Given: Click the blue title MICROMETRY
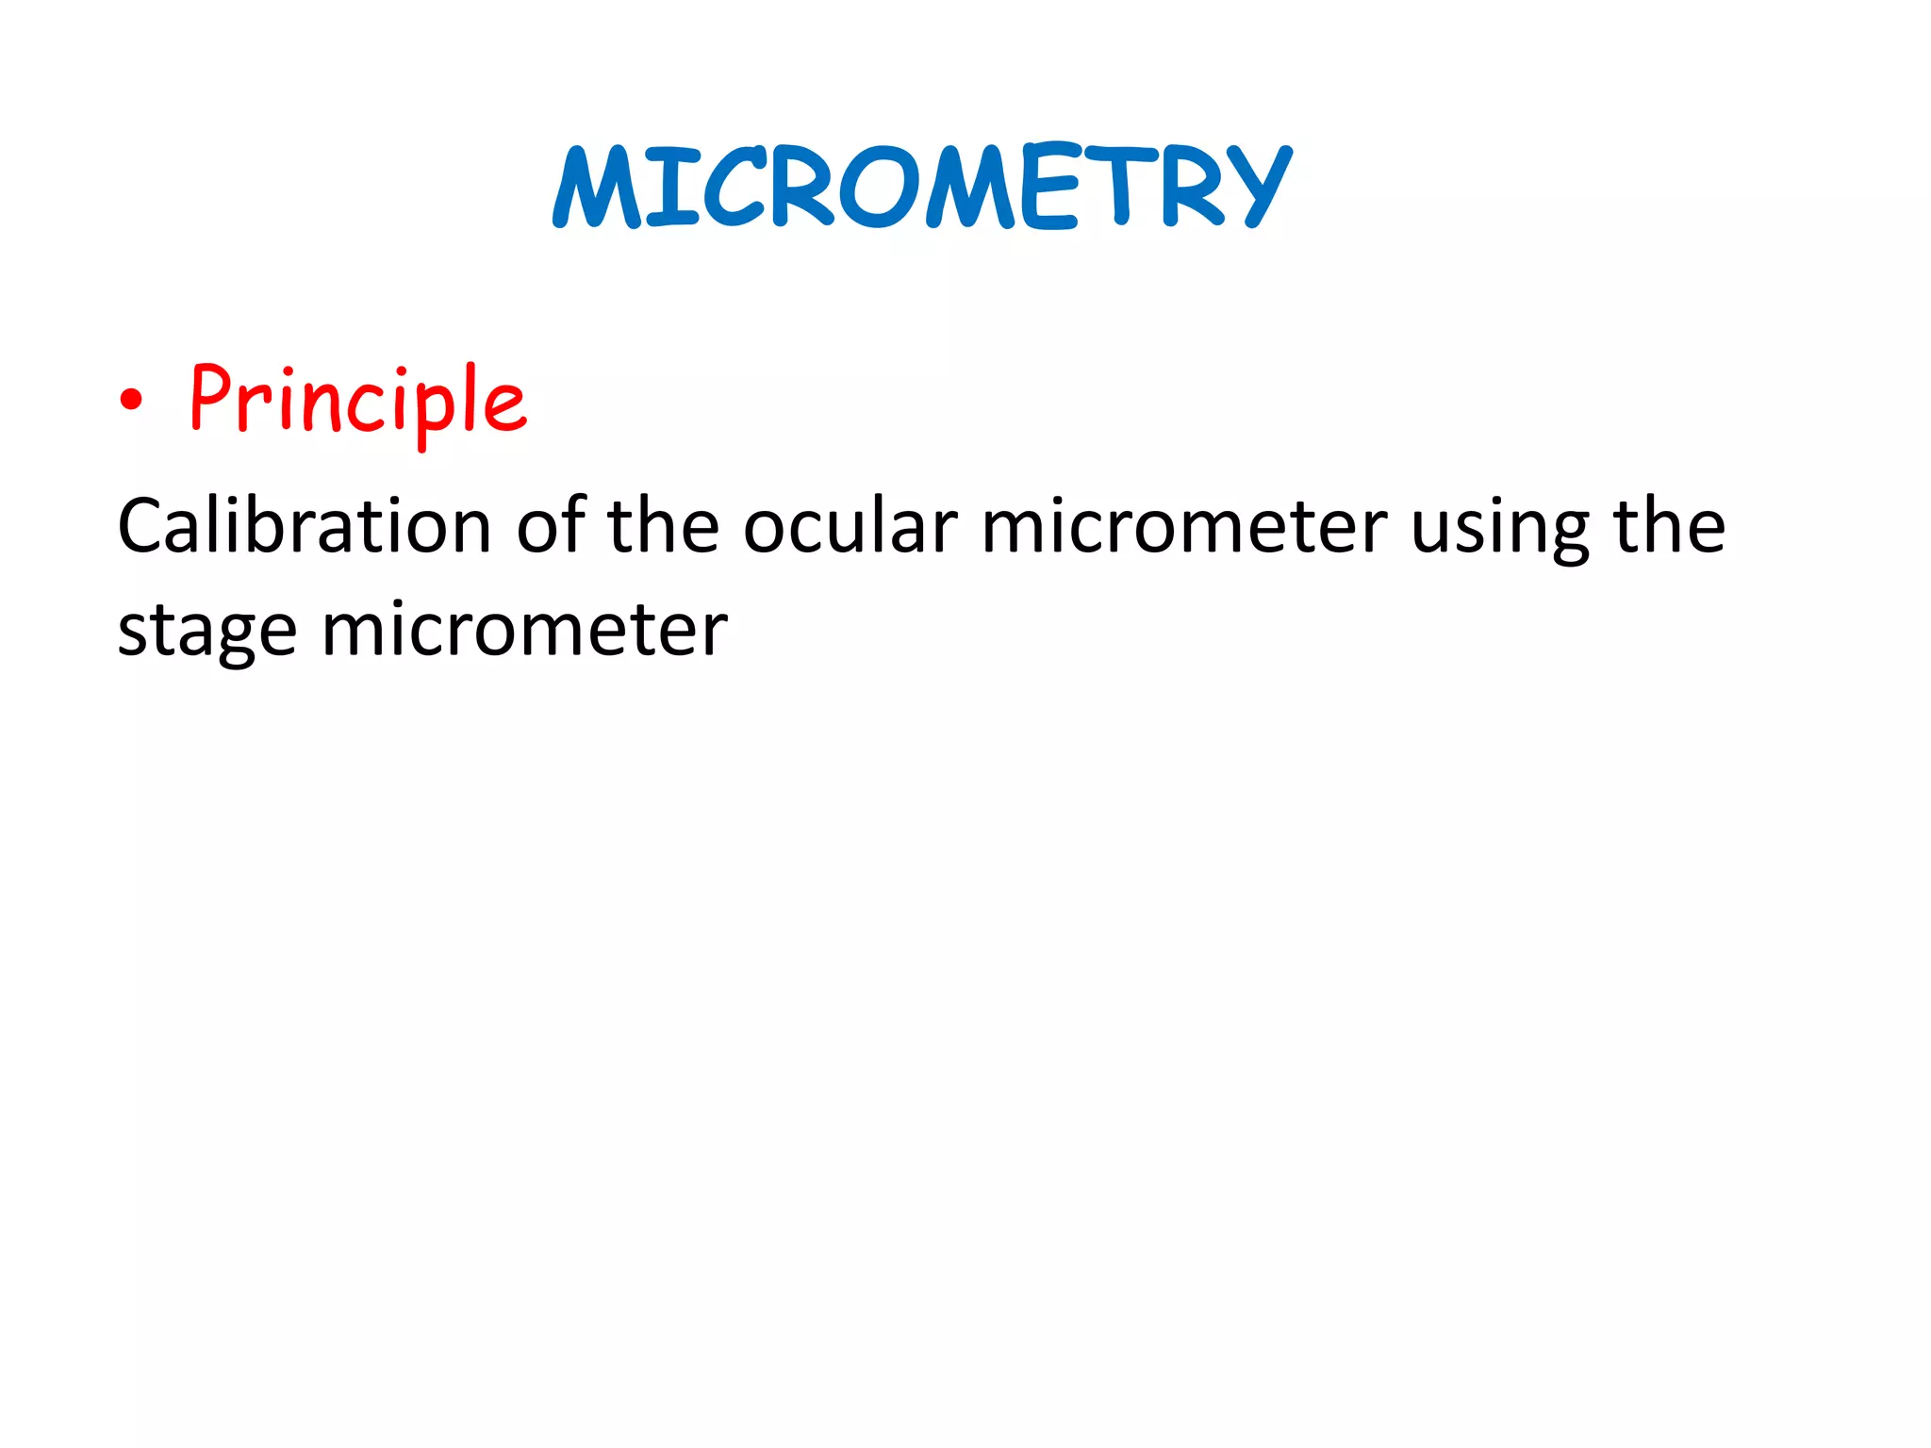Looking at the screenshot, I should (922, 187).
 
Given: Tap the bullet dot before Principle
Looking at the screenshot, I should (132, 400).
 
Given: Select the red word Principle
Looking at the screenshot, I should (358, 400).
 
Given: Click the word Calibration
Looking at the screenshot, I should (304, 525).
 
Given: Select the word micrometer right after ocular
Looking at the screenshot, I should (1184, 525).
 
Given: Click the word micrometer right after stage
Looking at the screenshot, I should (525, 629).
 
